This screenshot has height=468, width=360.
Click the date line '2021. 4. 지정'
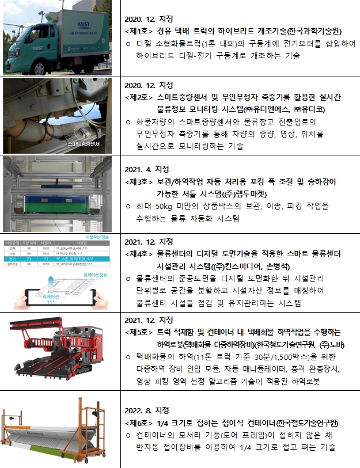point(147,169)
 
